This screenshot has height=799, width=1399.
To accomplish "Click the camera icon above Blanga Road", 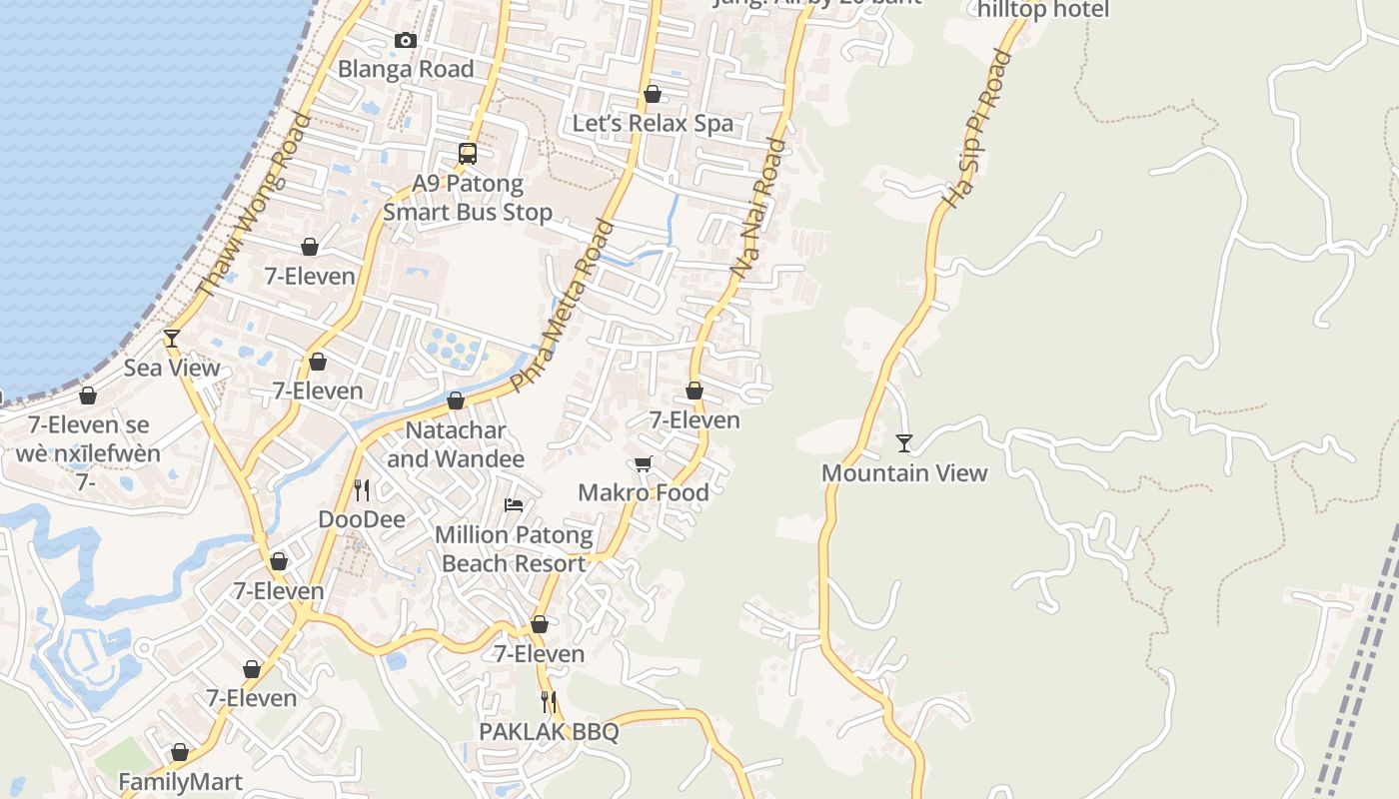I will click(x=406, y=41).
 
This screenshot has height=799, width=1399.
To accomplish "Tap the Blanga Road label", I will click(x=406, y=69).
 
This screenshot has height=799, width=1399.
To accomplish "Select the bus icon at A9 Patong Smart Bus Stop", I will click(x=468, y=154).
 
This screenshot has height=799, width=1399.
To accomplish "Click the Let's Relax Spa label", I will click(x=653, y=123).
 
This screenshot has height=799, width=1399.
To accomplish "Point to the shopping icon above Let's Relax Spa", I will click(x=653, y=94).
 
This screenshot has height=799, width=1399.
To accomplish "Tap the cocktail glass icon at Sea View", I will click(x=172, y=339).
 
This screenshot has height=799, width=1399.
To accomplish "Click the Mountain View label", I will click(x=904, y=472).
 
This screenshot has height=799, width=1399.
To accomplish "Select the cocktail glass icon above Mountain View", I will click(x=904, y=442).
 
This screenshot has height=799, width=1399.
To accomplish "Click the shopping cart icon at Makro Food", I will click(x=644, y=463).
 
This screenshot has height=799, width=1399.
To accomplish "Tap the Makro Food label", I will click(x=644, y=492).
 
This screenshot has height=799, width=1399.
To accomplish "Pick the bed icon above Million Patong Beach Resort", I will click(x=514, y=505).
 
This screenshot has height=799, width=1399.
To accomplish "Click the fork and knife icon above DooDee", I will click(x=362, y=490).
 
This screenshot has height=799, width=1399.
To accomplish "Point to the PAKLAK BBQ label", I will click(x=549, y=732).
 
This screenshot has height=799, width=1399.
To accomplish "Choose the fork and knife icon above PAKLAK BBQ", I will click(x=549, y=702).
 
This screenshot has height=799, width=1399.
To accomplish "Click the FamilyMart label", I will click(x=181, y=781).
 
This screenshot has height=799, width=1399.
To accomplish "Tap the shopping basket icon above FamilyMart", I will click(x=181, y=752).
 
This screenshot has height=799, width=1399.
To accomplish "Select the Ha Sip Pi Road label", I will click(x=977, y=129).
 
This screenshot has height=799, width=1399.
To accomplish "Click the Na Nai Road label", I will click(x=758, y=208).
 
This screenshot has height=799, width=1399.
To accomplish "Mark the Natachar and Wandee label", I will click(x=456, y=444).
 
